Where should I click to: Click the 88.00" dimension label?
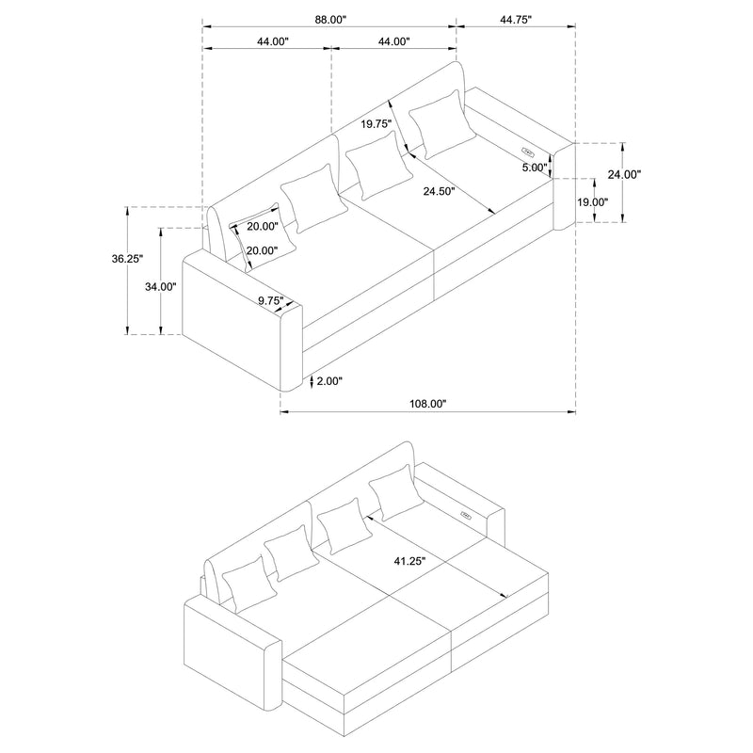click(330, 18)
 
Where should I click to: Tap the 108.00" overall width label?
click(428, 403)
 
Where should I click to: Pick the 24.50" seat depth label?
click(439, 192)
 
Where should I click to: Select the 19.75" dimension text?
click(376, 123)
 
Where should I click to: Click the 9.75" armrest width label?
click(271, 300)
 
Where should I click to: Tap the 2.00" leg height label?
click(329, 381)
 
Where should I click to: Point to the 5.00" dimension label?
click(534, 168)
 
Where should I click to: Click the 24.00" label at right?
click(625, 174)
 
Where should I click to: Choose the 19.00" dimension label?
click(594, 201)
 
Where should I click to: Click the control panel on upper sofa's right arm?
click(527, 148)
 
